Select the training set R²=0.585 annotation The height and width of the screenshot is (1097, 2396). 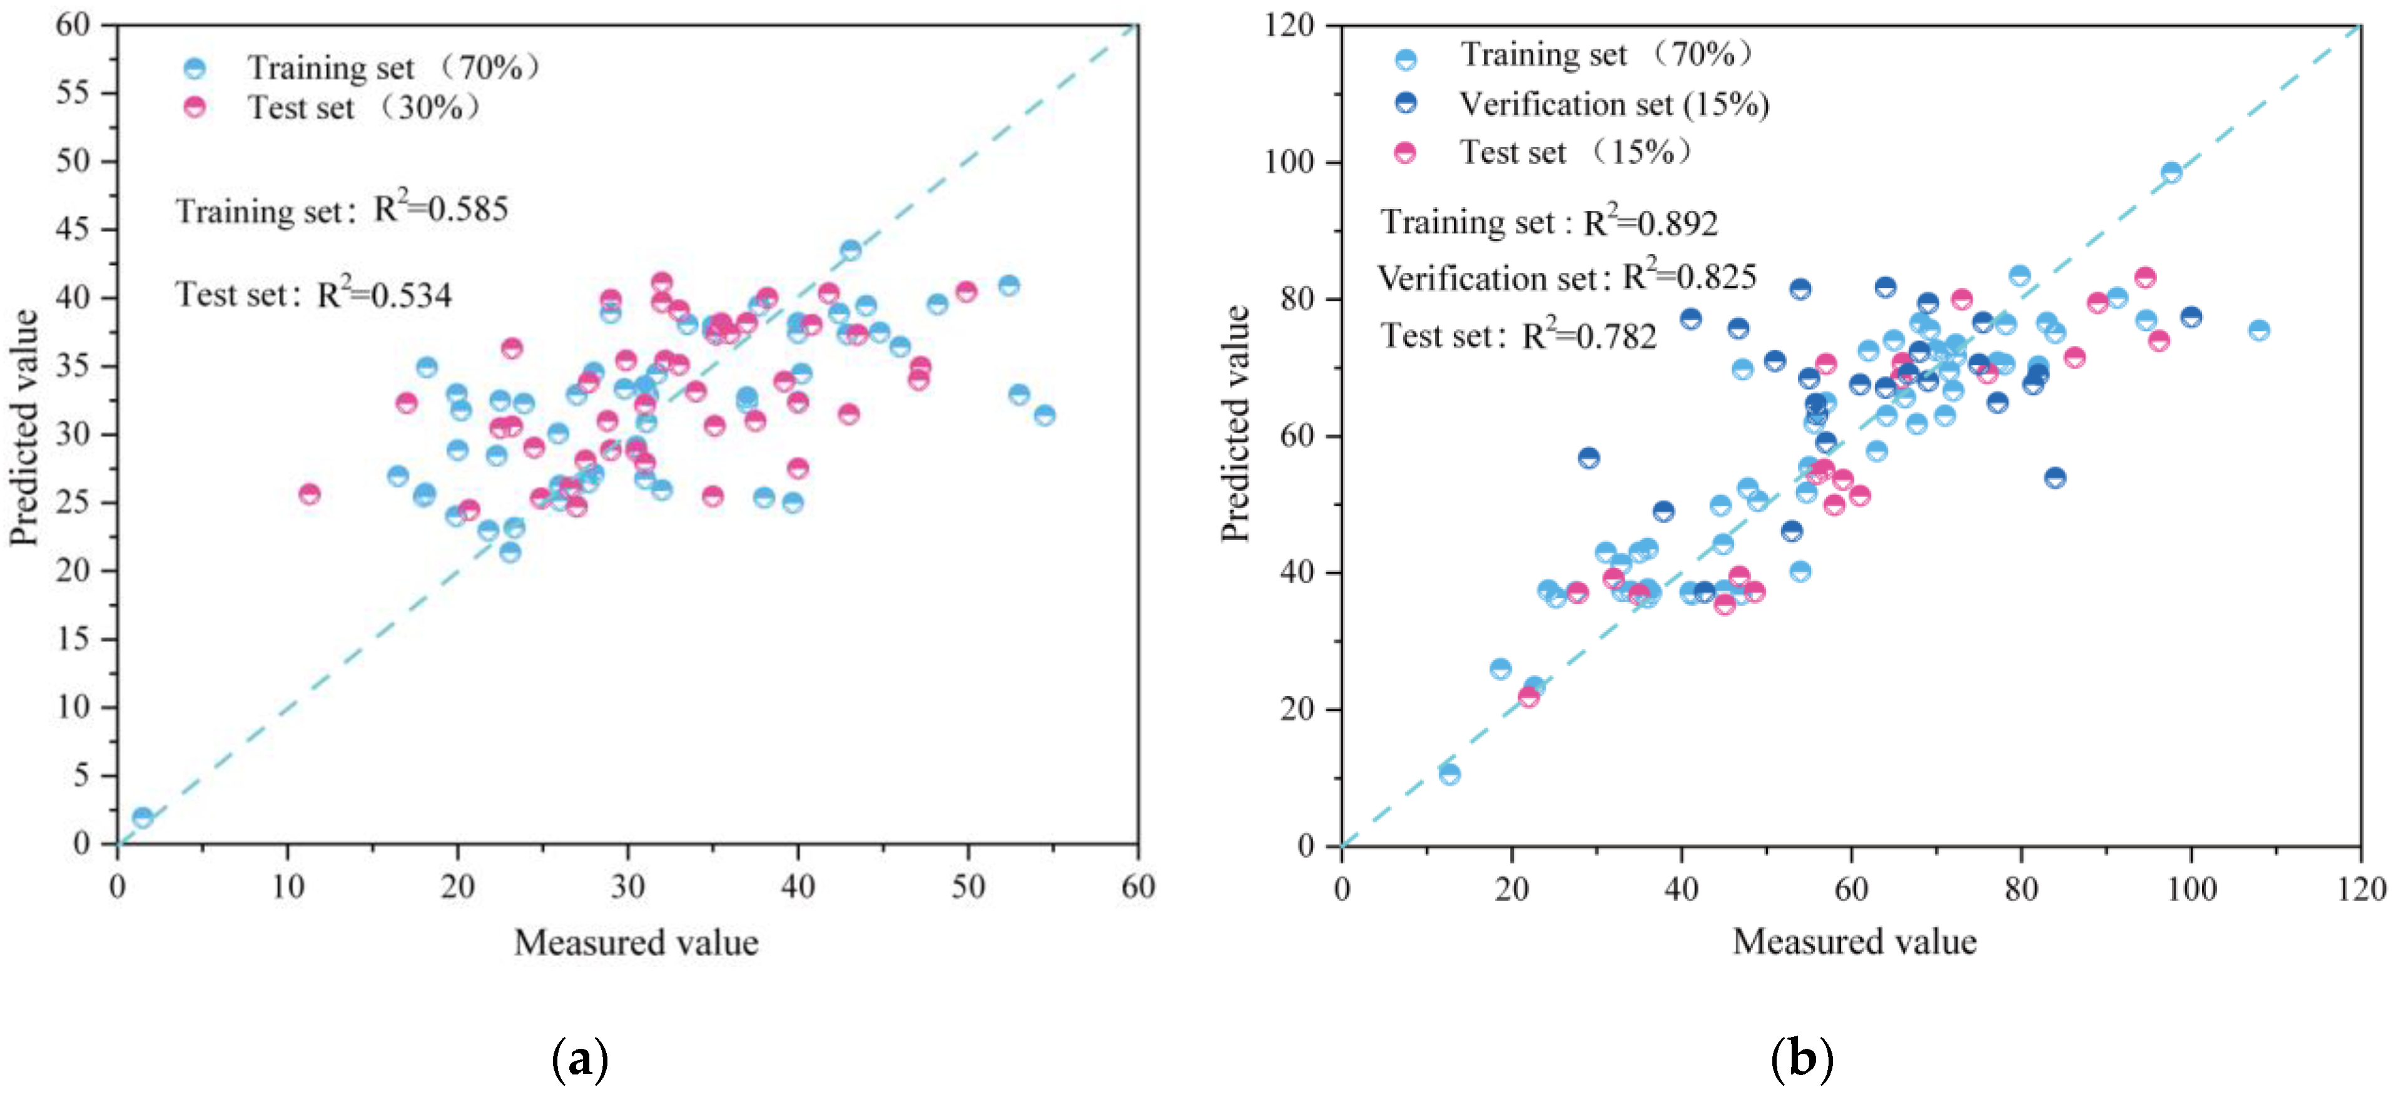[342, 210]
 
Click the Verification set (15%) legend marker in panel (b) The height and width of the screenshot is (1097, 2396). [1406, 103]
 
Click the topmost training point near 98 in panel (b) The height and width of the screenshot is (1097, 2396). [2171, 172]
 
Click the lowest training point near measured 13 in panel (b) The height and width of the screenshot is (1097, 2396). [1449, 774]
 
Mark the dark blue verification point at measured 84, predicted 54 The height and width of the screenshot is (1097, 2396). [2056, 477]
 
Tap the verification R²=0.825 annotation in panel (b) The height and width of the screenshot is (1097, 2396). [1566, 277]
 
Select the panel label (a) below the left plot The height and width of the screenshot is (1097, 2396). [579, 1059]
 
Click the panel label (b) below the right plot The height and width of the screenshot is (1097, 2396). [1802, 1059]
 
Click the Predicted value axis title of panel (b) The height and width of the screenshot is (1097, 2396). [1235, 424]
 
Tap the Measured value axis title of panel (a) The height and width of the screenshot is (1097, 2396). [636, 942]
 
